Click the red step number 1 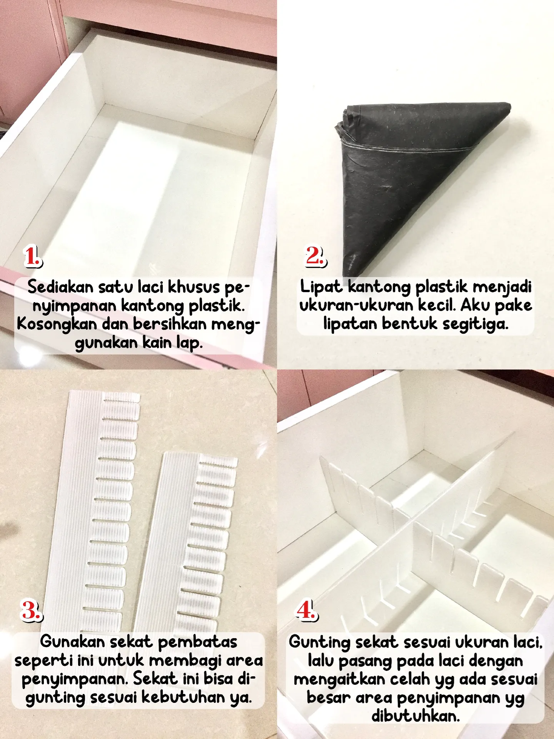pos(33,256)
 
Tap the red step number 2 pos(315,256)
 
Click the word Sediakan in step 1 pos(60,287)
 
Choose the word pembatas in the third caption pos(198,642)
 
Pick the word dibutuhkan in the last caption pos(415,716)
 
